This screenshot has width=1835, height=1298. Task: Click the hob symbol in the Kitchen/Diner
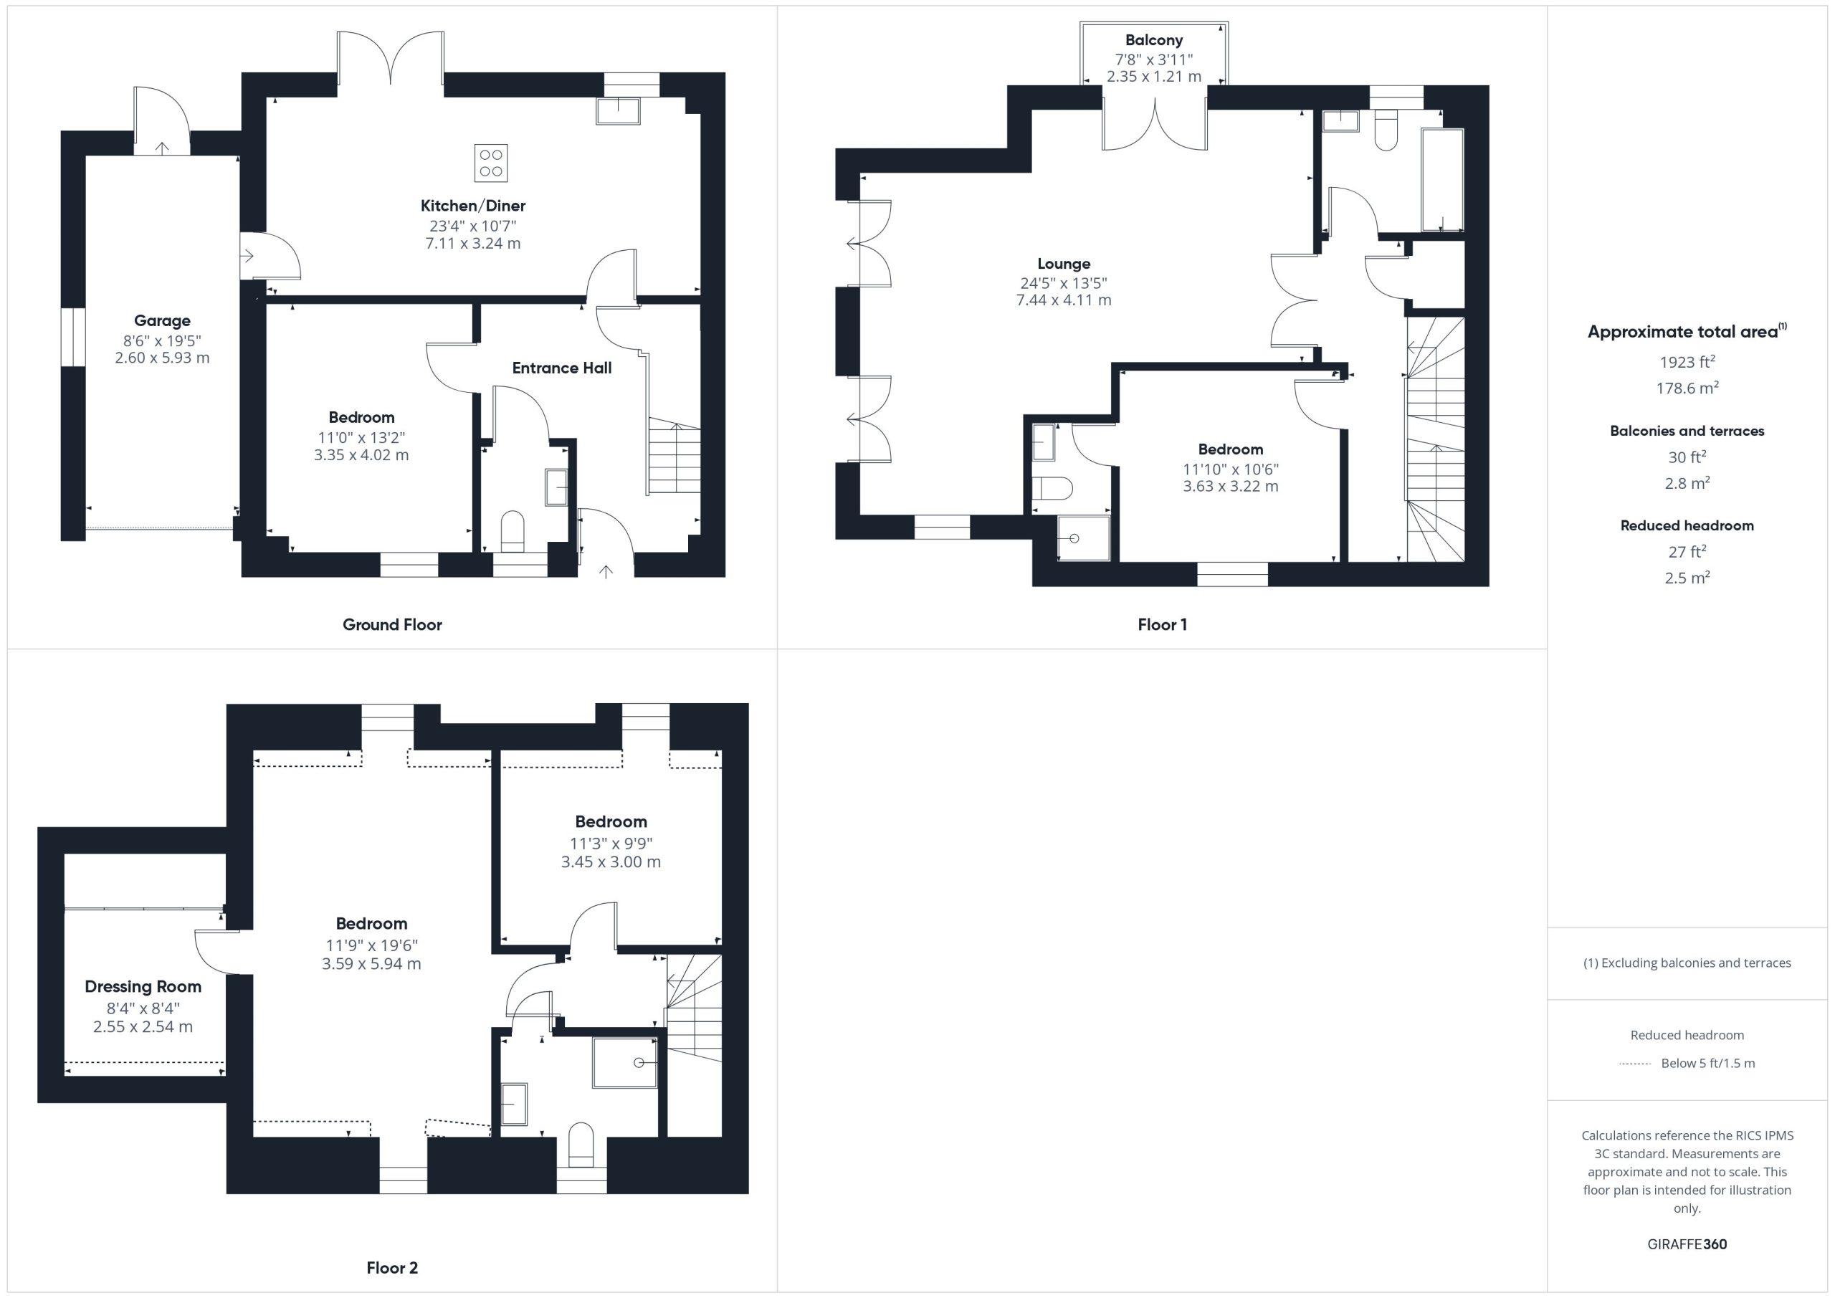coord(491,163)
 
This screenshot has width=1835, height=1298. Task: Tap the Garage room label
coord(162,320)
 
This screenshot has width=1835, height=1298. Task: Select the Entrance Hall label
coord(562,368)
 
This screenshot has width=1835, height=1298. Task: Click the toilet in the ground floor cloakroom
coord(513,530)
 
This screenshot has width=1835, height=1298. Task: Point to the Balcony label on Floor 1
coord(1153,40)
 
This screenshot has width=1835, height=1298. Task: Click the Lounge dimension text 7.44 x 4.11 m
coord(1064,300)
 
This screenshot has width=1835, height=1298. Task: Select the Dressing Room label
coord(143,986)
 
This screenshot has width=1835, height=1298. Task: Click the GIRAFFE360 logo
coord(1687,1244)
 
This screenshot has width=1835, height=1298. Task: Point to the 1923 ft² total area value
coord(1687,361)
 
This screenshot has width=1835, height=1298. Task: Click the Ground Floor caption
coord(392,625)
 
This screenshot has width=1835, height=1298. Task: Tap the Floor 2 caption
coord(392,1268)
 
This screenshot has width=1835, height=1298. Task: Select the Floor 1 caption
coord(1162,625)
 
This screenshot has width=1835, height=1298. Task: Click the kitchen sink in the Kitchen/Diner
coord(618,111)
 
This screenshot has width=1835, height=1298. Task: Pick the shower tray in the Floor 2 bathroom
coord(625,1062)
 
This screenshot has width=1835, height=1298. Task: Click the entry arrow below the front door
coord(606,571)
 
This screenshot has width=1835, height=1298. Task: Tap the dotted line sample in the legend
coord(1634,1064)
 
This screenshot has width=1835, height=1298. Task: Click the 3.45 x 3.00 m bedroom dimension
coord(611,862)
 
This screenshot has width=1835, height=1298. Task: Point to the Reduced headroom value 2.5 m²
coord(1687,577)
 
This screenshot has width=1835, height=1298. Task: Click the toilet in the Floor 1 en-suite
coord(1052,488)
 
